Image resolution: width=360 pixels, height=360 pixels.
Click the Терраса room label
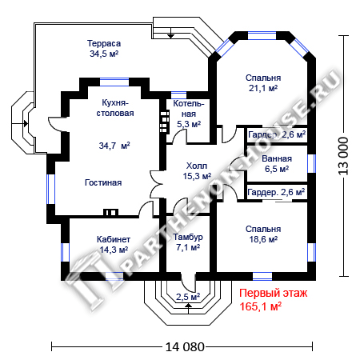click(104, 43)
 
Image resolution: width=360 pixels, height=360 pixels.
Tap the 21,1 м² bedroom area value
click(263, 88)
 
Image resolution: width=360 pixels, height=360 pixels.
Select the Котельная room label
click(189, 109)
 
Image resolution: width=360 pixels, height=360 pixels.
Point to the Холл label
click(197, 166)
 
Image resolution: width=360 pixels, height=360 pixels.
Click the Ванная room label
click(277, 158)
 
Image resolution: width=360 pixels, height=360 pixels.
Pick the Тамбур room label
click(188, 237)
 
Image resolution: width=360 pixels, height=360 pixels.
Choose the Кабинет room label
click(114, 239)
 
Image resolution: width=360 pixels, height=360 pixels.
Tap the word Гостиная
click(103, 182)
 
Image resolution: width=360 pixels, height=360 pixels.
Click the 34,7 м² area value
click(114, 146)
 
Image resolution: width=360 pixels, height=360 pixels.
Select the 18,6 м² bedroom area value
click(263, 239)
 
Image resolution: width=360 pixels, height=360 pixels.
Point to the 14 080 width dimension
click(185, 347)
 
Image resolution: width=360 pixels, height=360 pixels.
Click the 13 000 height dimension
click(343, 156)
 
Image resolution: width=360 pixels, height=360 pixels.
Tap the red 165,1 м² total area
click(261, 306)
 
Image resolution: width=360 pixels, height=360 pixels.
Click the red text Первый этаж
click(274, 294)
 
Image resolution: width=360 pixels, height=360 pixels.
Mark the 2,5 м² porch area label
click(188, 297)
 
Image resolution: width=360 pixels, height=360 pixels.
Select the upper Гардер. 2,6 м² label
click(277, 134)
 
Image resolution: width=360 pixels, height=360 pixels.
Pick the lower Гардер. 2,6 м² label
click(276, 192)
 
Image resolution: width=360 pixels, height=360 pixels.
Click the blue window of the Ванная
click(311, 163)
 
